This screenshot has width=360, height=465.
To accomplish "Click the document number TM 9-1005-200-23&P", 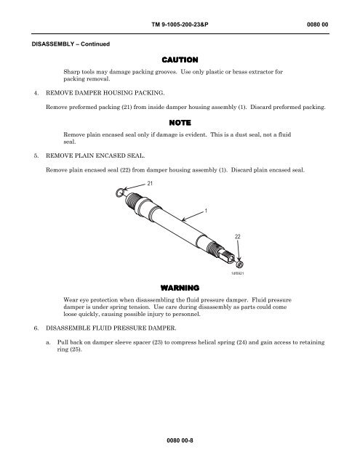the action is point(180,24).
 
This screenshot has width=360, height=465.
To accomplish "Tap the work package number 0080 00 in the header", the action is point(317,24).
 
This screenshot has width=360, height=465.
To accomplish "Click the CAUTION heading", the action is point(180,60).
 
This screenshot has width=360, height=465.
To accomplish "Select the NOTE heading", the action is point(180,123).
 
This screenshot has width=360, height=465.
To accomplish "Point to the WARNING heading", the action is point(180,288).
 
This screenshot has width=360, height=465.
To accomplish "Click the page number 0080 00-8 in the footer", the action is point(180,440).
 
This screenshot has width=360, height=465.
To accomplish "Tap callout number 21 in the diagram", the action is point(150,184).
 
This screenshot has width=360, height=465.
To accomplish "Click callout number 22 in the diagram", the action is point(237,237).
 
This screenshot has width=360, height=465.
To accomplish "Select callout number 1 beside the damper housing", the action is point(206,211).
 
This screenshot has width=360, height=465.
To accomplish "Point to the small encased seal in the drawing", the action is point(239,264).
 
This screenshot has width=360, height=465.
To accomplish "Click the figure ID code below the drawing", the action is point(237,273).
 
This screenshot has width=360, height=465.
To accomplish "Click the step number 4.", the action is point(36,93).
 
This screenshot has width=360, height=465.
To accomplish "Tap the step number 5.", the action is point(36,155).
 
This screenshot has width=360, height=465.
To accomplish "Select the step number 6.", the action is point(36,328).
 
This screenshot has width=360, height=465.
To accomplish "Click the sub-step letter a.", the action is point(48,342).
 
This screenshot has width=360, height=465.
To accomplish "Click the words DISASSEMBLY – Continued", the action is point(71,44).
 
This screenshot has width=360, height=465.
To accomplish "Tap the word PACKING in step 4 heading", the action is point(149,93).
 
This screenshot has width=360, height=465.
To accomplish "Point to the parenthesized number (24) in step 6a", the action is point(241,342).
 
